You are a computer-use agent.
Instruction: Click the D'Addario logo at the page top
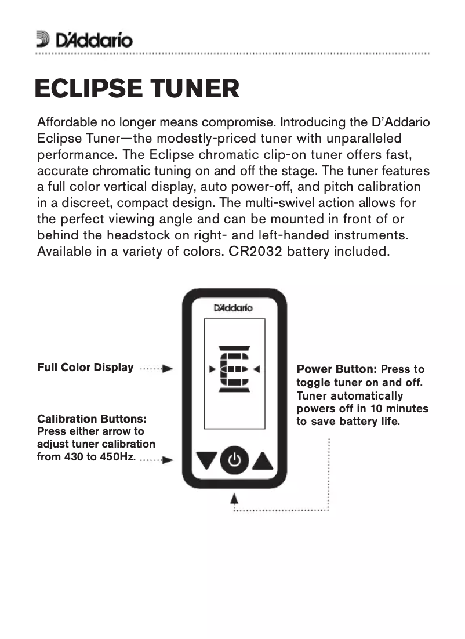pos(84,39)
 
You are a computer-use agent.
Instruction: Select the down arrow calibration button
pos(205,461)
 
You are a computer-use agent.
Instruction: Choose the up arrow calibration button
pos(263,461)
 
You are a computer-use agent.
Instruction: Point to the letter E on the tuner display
pos(234,369)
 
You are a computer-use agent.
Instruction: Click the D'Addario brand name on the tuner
pos(233,308)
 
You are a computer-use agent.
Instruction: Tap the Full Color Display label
pos(85,368)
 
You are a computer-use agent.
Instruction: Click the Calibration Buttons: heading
pos(92,419)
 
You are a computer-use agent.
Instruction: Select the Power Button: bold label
pos(337,369)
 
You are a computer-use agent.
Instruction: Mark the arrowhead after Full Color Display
pos(168,368)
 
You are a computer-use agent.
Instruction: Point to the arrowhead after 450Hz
pos(168,460)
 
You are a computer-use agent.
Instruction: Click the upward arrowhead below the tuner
pos(235,498)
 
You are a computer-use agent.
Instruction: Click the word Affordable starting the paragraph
pos(64,123)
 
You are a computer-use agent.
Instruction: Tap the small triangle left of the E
pos(212,369)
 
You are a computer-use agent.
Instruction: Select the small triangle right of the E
pos(256,369)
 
